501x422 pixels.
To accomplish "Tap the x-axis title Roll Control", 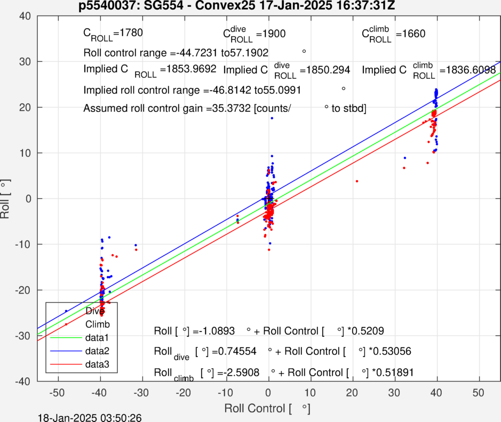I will pos(267,409).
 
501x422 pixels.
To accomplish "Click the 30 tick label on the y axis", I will pos(26,62).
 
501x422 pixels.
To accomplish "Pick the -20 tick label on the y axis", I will pos(23,290).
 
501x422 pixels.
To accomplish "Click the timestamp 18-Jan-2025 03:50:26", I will pos(90,417).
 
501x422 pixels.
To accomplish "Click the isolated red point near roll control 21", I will pos(357,181).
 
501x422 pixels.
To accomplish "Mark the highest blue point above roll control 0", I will pos(272,118).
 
